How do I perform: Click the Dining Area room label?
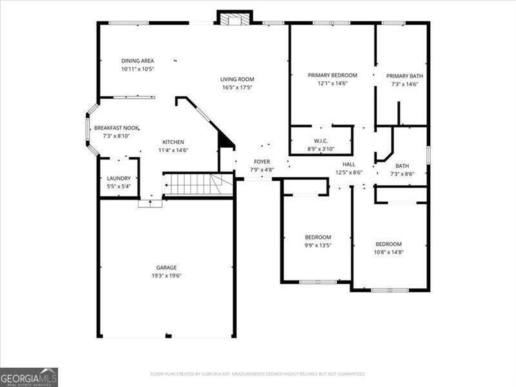(137, 61)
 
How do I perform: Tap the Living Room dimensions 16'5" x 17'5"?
(237, 87)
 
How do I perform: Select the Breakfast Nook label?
(117, 128)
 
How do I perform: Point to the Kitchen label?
(173, 142)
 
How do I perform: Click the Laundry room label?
(119, 179)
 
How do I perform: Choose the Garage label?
(166, 268)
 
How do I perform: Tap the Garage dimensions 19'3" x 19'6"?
(166, 276)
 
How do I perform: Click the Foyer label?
(262, 162)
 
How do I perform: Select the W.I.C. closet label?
(322, 141)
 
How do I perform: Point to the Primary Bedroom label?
(332, 75)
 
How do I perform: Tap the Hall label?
(348, 164)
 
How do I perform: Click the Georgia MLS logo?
(29, 377)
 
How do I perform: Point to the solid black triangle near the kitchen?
(226, 139)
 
